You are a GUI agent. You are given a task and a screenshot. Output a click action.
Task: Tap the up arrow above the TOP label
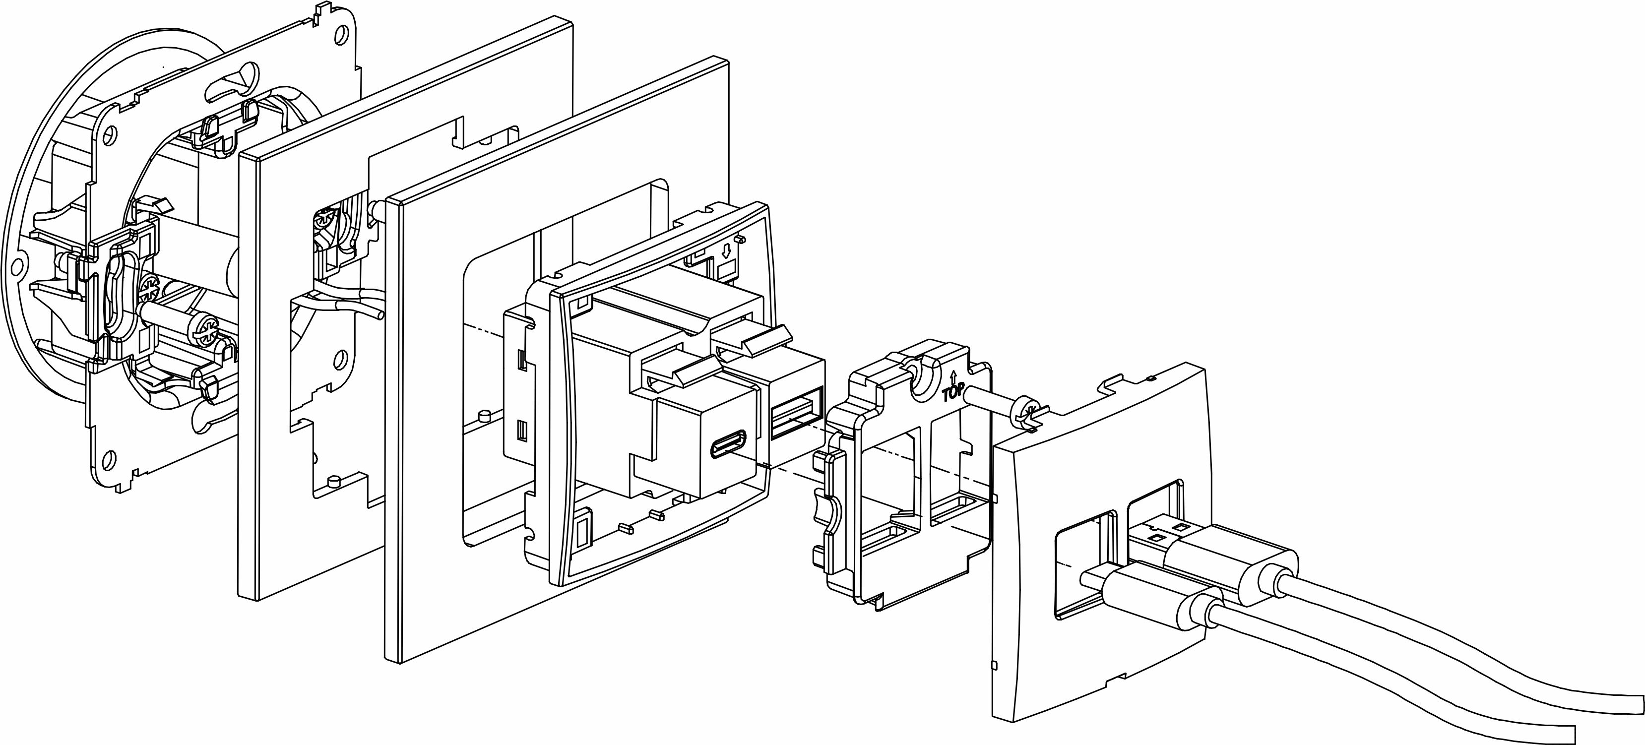[953, 375]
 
